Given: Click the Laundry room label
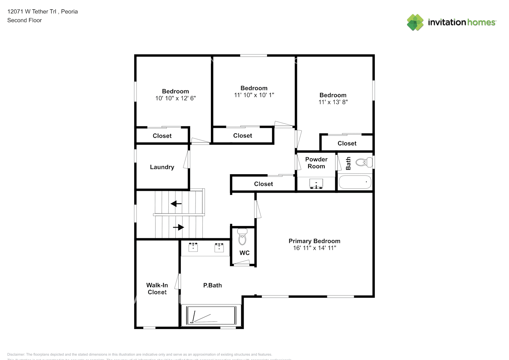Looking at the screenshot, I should coord(162,167).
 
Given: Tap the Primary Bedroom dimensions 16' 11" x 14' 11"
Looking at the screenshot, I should coord(314,248).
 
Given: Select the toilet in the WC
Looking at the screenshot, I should coord(242,237).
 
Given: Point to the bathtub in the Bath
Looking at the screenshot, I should coord(355,182).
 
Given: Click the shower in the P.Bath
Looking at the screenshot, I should coord(211,316).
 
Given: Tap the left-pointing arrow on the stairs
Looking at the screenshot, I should coord(176,204).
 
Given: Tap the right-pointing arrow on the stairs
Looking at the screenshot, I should coord(179,227).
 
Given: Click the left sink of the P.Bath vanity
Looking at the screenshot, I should coord(193,247).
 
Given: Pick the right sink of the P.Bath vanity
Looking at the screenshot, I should coord(219,247).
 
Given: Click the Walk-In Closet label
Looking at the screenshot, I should coord(157,289).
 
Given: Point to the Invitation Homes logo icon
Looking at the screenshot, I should coord(415,22).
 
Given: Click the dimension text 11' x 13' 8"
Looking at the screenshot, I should coord(333,102).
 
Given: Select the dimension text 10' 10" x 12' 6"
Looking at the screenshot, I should coord(175,98).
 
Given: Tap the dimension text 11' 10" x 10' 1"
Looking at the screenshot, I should coord(254,95).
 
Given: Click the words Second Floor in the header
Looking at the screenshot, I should coord(24,20).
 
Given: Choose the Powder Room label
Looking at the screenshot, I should coord(316,163).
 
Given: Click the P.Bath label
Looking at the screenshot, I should coord(212,285).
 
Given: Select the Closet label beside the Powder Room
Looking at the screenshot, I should coord(263,184).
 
